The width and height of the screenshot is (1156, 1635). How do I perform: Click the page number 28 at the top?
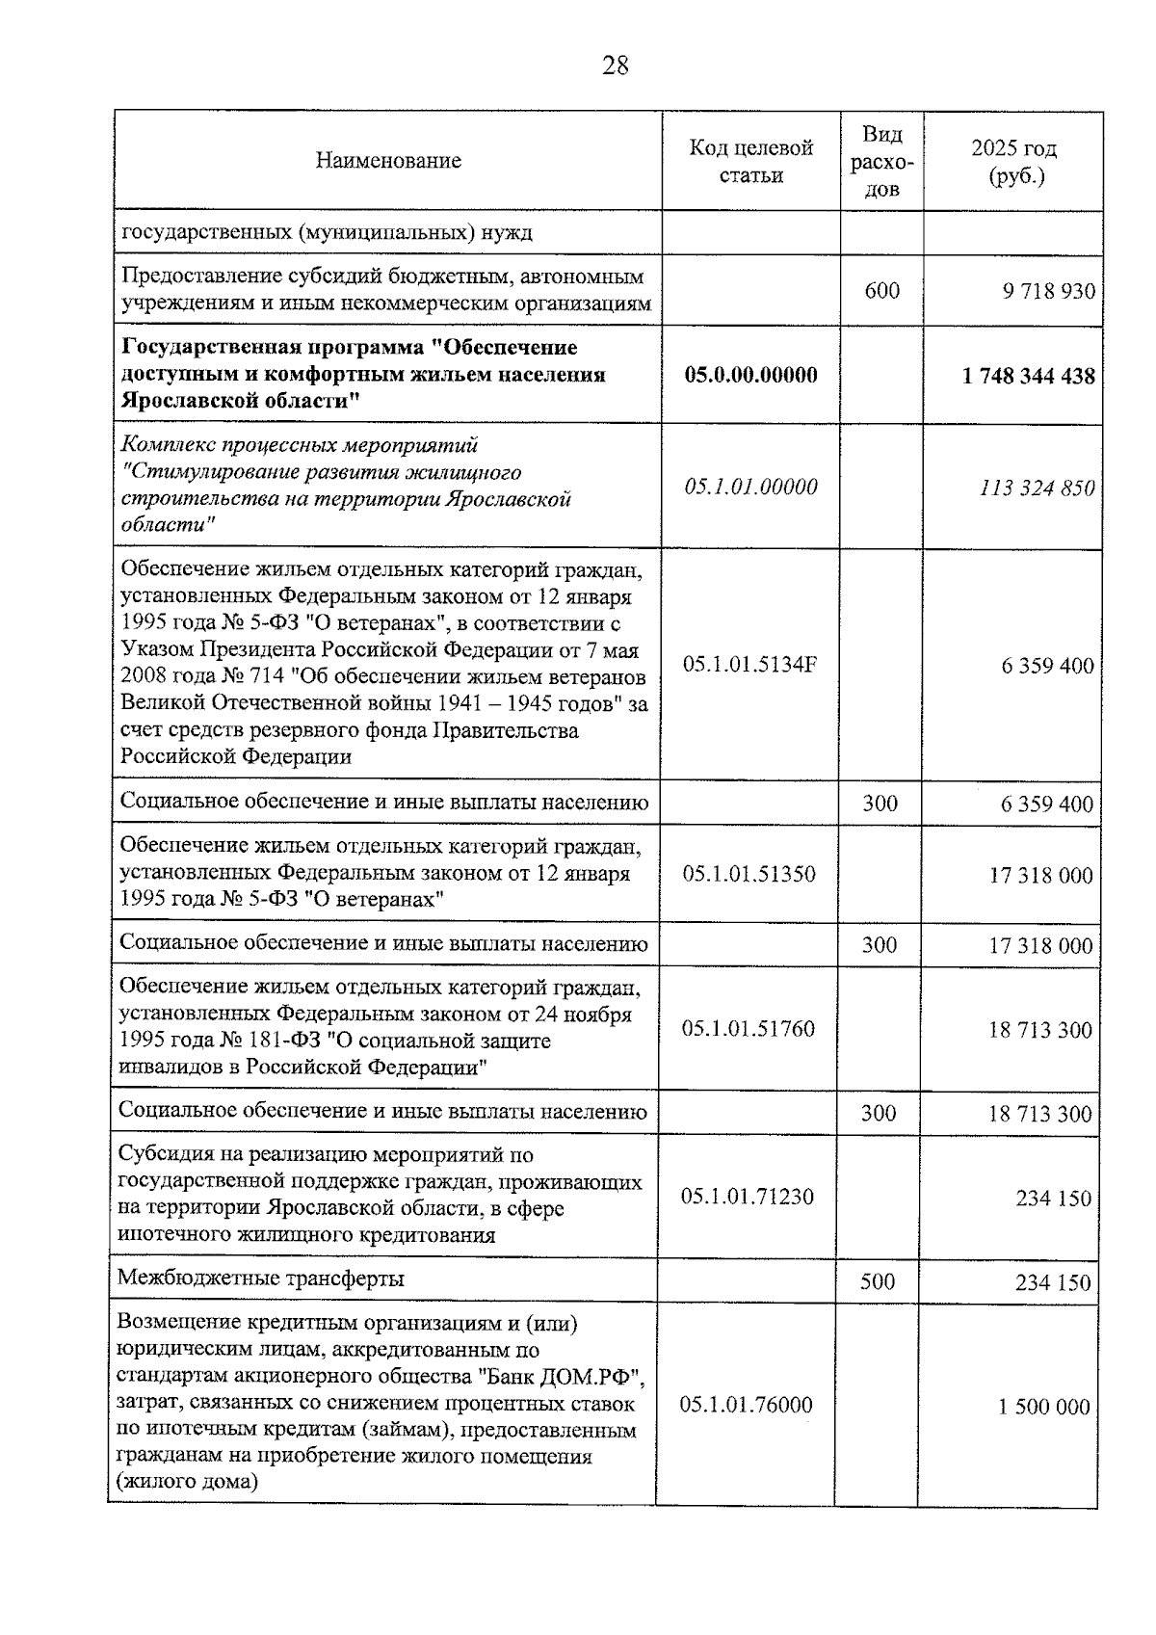(615, 66)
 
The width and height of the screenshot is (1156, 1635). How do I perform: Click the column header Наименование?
(387, 161)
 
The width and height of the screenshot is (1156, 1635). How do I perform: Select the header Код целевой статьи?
(750, 161)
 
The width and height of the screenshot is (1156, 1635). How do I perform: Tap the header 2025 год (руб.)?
(1013, 161)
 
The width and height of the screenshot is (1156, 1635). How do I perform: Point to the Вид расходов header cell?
(881, 161)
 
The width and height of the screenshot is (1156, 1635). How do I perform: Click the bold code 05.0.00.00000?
(750, 375)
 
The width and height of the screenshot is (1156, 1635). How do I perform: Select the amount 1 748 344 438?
(1028, 376)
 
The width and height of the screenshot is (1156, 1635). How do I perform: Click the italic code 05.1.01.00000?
(750, 487)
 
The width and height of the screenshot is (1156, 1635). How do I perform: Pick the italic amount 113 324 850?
(1037, 488)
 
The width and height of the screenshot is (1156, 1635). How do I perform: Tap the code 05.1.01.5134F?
(749, 665)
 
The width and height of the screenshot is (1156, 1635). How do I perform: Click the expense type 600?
(881, 290)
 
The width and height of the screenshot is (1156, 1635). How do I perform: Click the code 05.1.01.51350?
(749, 874)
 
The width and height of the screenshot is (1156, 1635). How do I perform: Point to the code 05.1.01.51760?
(748, 1029)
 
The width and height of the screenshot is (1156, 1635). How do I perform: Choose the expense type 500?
(877, 1281)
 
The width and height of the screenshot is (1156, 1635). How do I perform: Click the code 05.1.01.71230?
(747, 1197)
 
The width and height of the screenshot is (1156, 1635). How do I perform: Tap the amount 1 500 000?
(1043, 1407)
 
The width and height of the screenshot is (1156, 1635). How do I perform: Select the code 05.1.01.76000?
(746, 1405)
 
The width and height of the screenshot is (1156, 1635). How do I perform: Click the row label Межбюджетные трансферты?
(260, 1279)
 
